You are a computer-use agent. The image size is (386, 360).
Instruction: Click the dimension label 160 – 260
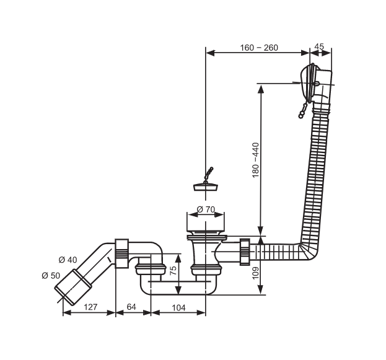click(259, 48)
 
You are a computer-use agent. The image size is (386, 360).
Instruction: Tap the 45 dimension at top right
click(319, 46)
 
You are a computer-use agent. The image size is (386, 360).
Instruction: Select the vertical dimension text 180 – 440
click(255, 160)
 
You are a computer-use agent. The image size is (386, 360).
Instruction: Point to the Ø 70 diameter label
click(206, 209)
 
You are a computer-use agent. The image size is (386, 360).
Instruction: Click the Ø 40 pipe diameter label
click(68, 260)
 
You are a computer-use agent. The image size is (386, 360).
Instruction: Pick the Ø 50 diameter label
click(51, 276)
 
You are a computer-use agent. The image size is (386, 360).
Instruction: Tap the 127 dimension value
click(90, 307)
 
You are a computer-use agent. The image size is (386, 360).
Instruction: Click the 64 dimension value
click(131, 307)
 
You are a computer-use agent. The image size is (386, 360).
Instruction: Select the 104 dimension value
click(178, 307)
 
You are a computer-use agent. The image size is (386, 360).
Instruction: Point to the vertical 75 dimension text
click(173, 271)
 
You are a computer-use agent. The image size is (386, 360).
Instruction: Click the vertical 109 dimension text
click(255, 273)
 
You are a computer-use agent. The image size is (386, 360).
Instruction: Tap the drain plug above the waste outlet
click(205, 187)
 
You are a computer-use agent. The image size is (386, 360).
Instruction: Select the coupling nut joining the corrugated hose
click(245, 252)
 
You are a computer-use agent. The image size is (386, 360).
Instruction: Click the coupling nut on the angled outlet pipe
click(121, 253)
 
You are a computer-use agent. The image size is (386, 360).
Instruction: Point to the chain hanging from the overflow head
click(303, 110)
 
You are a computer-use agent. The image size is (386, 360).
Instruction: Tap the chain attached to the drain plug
click(209, 174)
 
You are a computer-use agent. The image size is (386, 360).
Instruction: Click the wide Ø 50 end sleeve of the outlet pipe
click(73, 288)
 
